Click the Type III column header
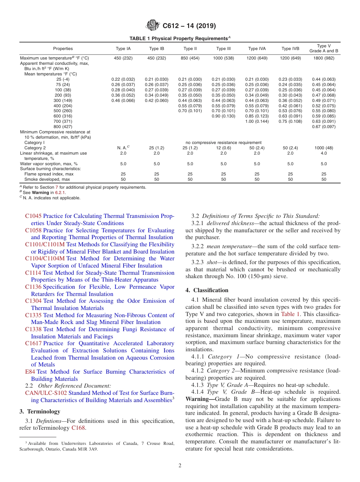pyautogui.click(x=223, y=49)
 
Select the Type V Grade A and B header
pyautogui.click(x=324, y=49)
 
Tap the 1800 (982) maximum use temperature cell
pyautogui.click(x=324, y=58)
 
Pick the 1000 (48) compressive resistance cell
pyautogui.click(x=324, y=148)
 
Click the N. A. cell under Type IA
pyautogui.click(x=123, y=148)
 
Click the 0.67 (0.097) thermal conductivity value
pyautogui.click(x=324, y=126)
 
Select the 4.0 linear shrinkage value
pyautogui.click(x=324, y=153)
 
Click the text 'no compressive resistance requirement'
pyautogui.click(x=223, y=142)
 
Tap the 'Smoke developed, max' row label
pyautogui.click(x=47, y=179)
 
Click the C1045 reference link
pyautogui.click(x=33, y=216)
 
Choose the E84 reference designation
pyautogui.click(x=30, y=372)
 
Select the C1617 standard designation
pyautogui.click(x=33, y=343)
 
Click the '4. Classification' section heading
pyautogui.click(x=207, y=290)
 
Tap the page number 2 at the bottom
pyautogui.click(x=180, y=466)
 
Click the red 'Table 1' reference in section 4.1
pyautogui.click(x=290, y=314)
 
